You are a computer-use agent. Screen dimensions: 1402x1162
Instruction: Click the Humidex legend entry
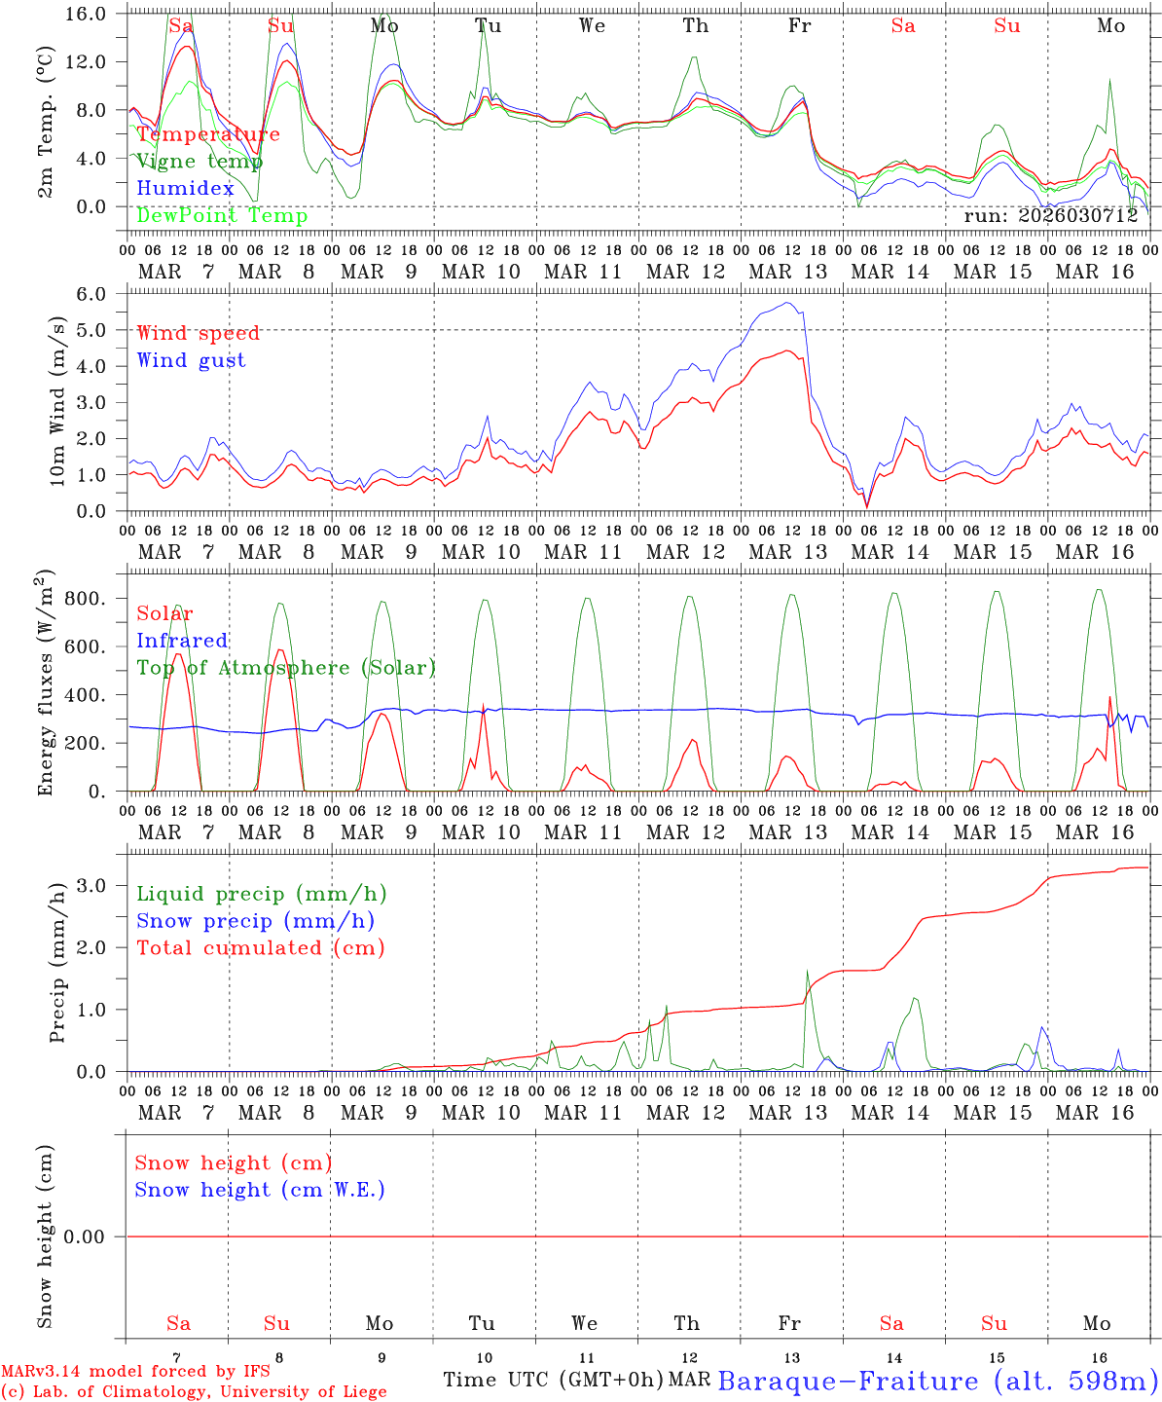coord(186,189)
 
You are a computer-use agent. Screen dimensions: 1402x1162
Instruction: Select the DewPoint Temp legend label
coord(222,216)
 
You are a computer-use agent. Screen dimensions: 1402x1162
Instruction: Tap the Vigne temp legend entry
coord(200,162)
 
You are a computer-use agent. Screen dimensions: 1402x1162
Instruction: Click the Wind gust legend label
coord(191,360)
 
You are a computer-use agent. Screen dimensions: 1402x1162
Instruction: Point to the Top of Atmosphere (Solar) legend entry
coord(286,668)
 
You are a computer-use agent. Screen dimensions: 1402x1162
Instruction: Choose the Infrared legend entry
coord(182,641)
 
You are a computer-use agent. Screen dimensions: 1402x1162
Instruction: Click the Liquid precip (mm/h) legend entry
coord(261,894)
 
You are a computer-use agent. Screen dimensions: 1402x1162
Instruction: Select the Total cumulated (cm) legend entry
coord(260,948)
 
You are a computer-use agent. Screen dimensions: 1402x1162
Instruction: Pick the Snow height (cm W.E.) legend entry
coord(260,1190)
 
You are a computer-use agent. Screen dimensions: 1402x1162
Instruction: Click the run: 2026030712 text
coord(1050,216)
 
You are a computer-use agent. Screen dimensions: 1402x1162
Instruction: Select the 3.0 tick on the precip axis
coord(103,885)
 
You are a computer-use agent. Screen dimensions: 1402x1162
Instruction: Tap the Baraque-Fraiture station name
coord(938,1381)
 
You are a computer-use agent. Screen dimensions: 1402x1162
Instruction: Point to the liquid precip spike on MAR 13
coord(807,972)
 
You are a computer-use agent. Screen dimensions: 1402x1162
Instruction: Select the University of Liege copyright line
coord(194,1392)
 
